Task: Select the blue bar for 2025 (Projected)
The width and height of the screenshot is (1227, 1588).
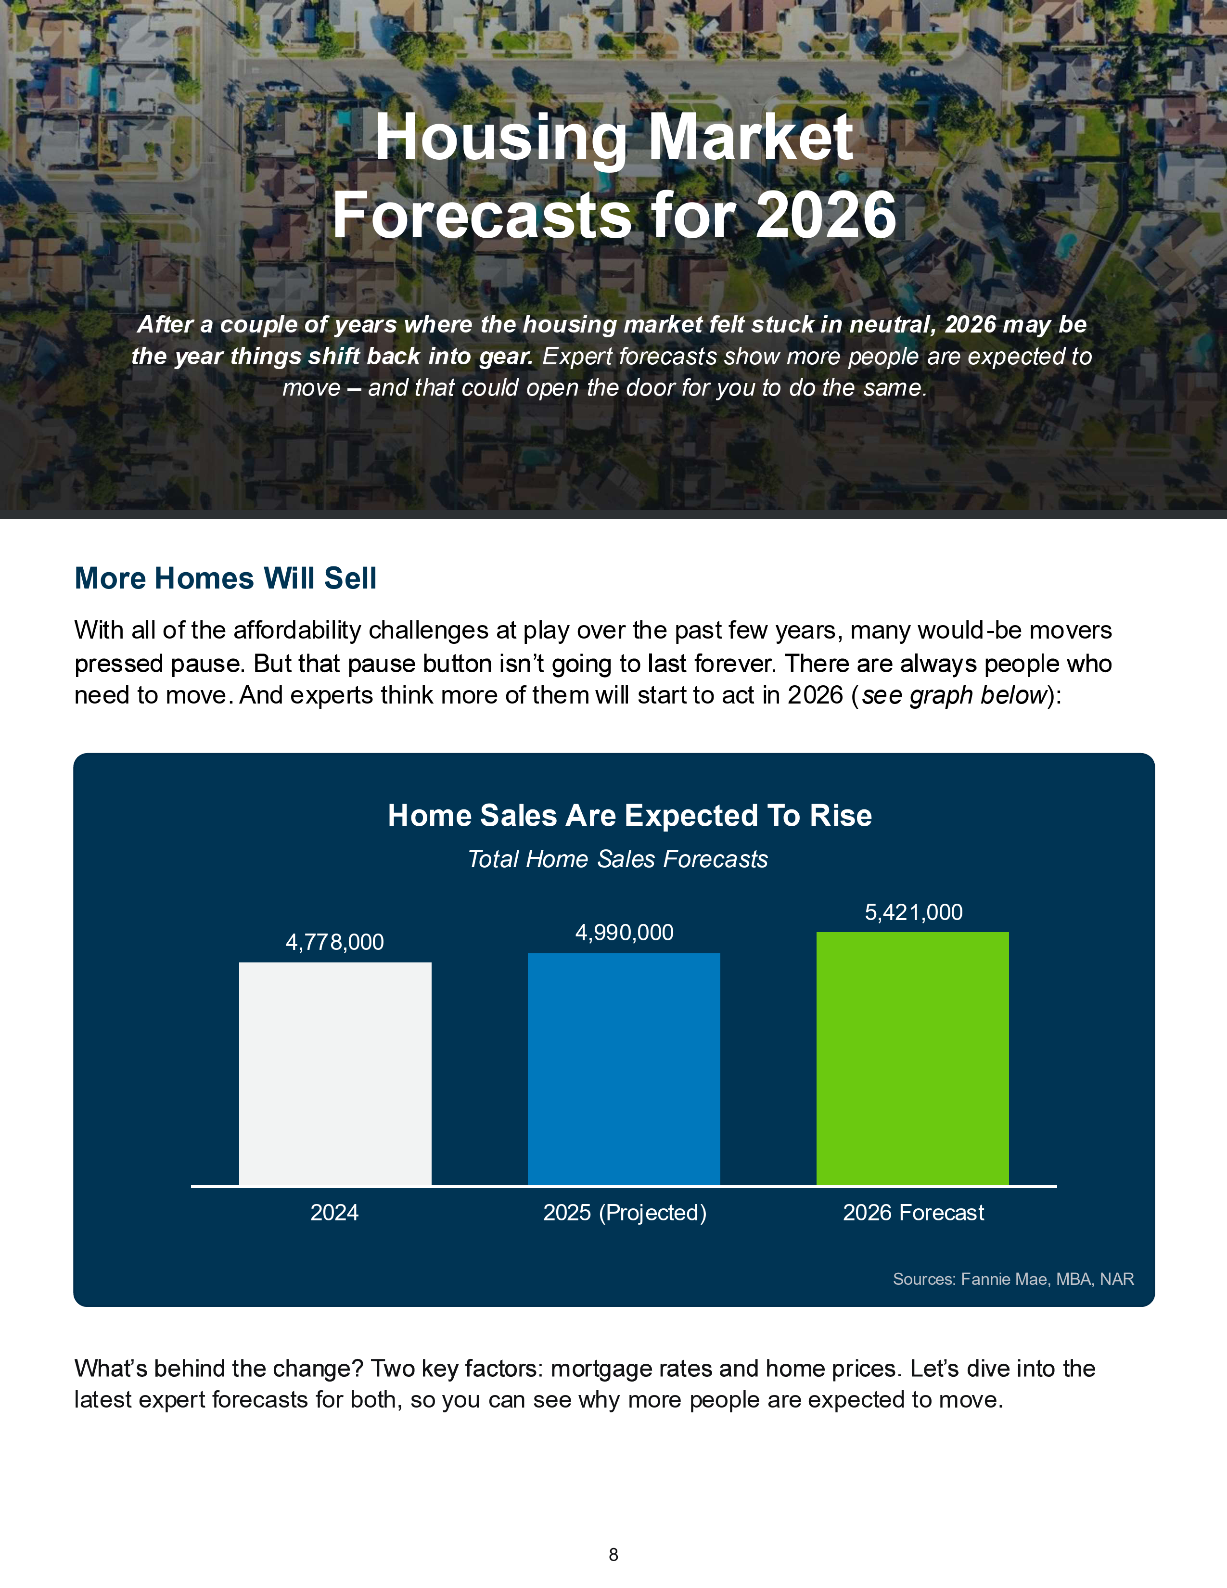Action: [624, 1069]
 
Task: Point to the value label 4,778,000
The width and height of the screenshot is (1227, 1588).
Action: [334, 942]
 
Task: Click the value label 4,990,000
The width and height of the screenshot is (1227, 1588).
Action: [625, 933]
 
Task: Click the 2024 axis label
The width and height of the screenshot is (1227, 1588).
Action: [334, 1213]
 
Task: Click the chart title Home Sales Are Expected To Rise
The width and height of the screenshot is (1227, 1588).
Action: [629, 816]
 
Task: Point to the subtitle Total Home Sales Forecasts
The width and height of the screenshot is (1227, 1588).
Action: [618, 859]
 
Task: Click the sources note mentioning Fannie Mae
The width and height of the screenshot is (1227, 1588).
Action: [1013, 1280]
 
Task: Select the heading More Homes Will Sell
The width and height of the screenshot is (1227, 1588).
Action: [225, 579]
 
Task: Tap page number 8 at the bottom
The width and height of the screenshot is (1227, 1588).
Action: [613, 1555]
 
